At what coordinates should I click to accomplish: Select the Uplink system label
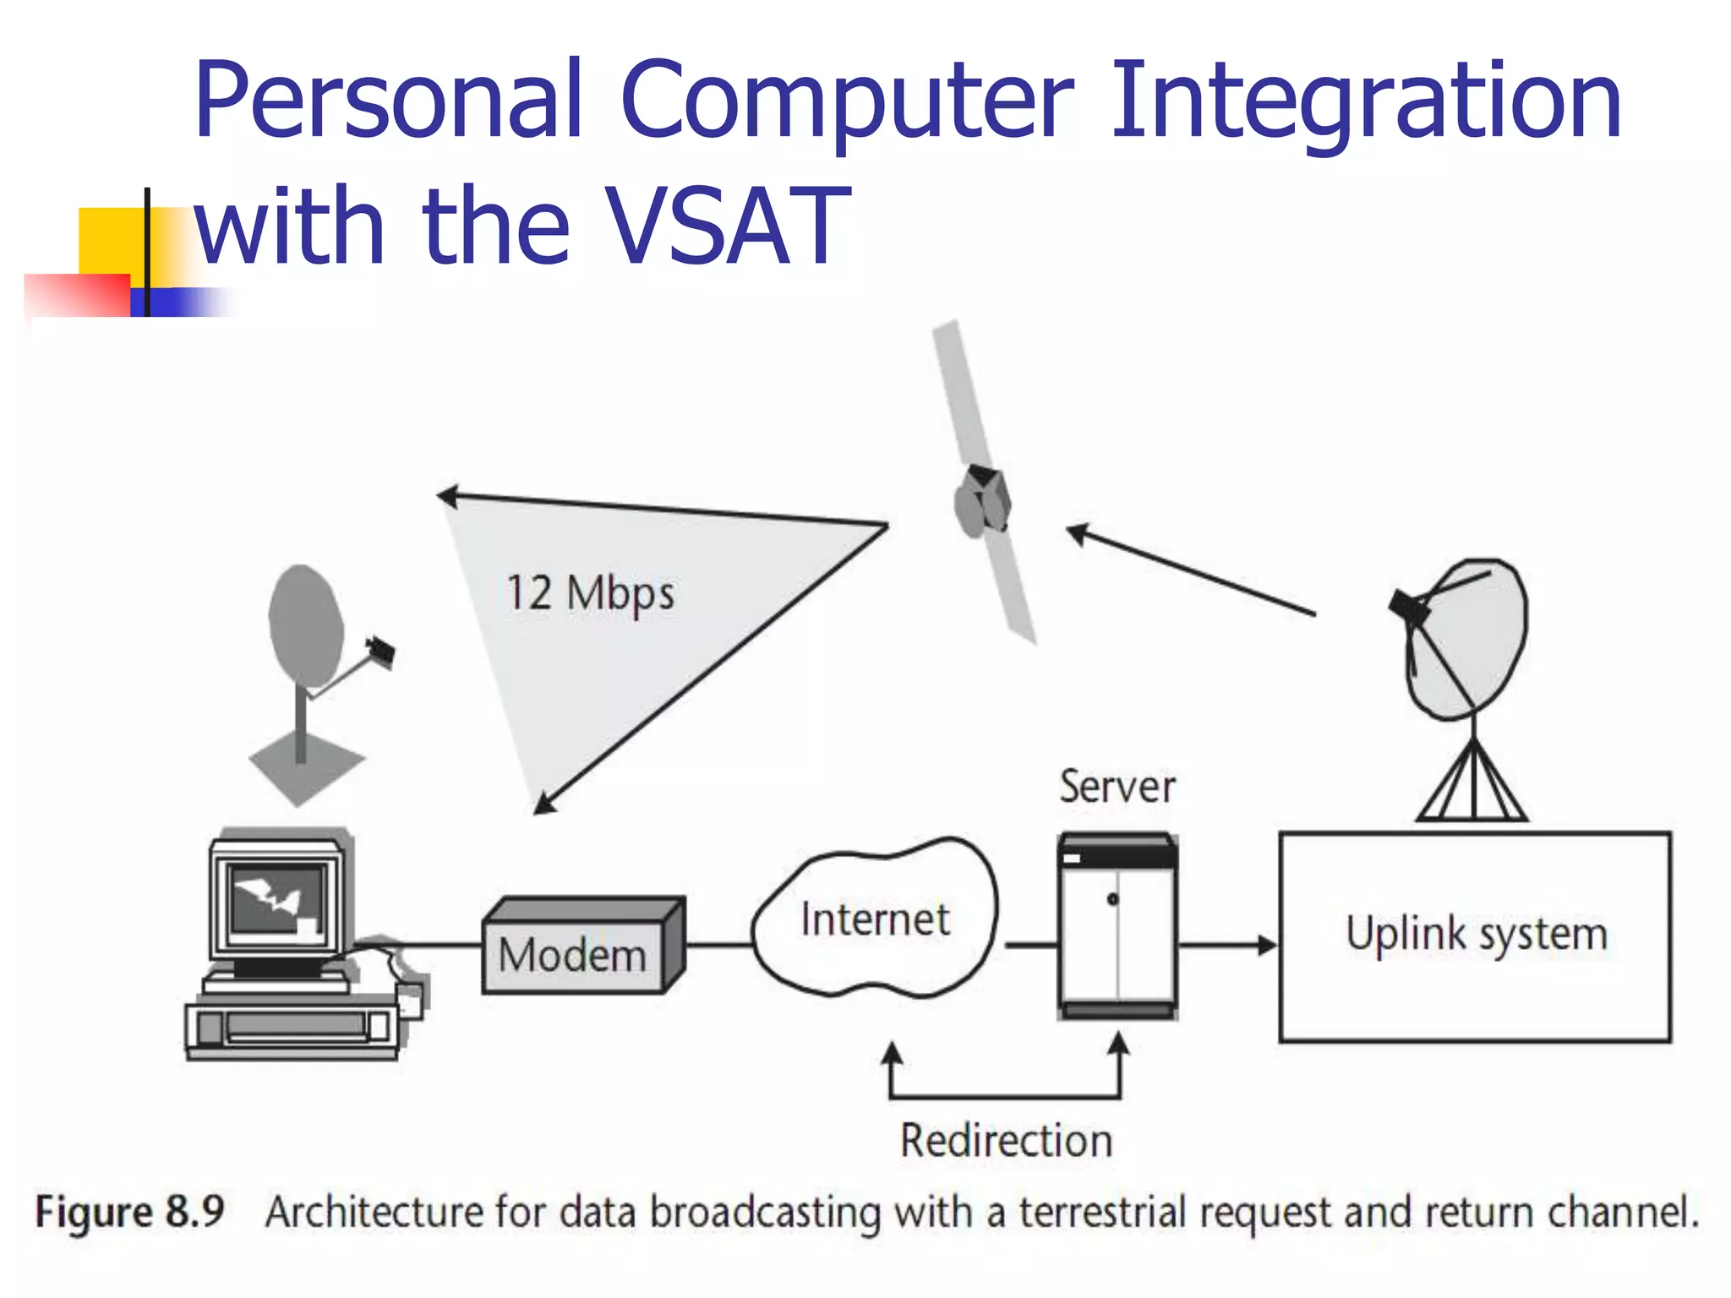point(1476,935)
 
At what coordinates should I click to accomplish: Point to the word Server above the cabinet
point(1117,787)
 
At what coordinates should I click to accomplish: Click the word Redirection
point(1006,1141)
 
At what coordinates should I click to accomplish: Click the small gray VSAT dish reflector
point(304,625)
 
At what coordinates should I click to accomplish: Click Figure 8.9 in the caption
point(129,1212)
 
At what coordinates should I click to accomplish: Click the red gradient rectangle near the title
point(76,295)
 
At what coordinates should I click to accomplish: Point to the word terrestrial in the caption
point(1104,1212)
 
